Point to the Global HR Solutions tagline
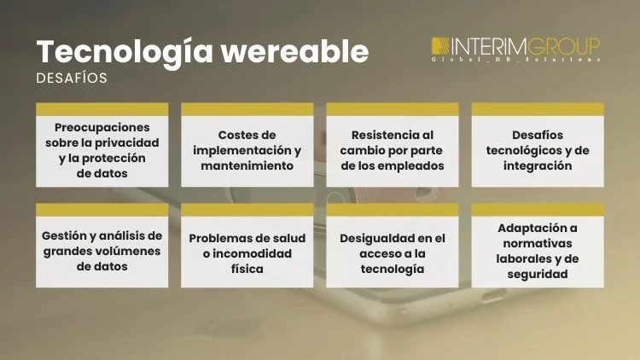515,61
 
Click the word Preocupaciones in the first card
102,126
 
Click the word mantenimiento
247,165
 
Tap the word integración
538,165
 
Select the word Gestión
65,235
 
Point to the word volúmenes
125,250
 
